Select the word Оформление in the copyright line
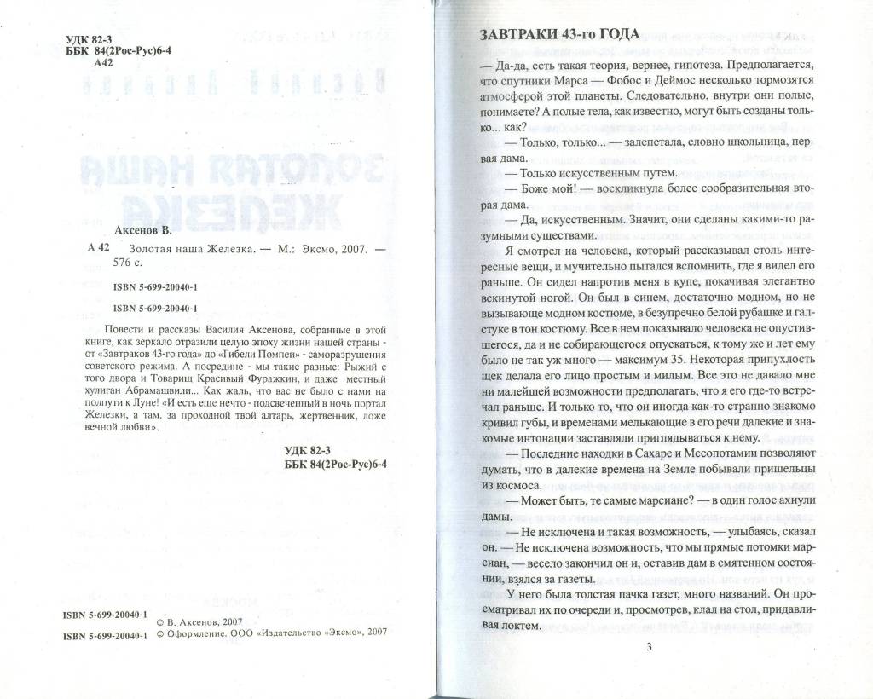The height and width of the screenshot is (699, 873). coord(197,634)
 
